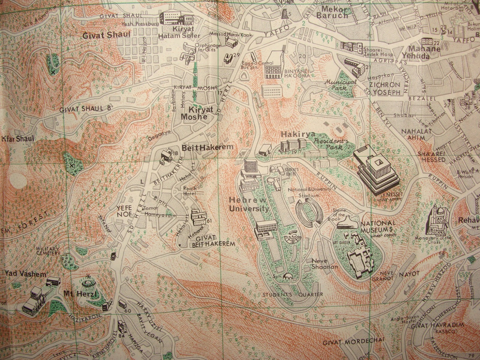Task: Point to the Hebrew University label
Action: coord(248,205)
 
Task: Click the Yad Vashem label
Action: coord(25,274)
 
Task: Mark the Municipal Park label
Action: coord(340,85)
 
